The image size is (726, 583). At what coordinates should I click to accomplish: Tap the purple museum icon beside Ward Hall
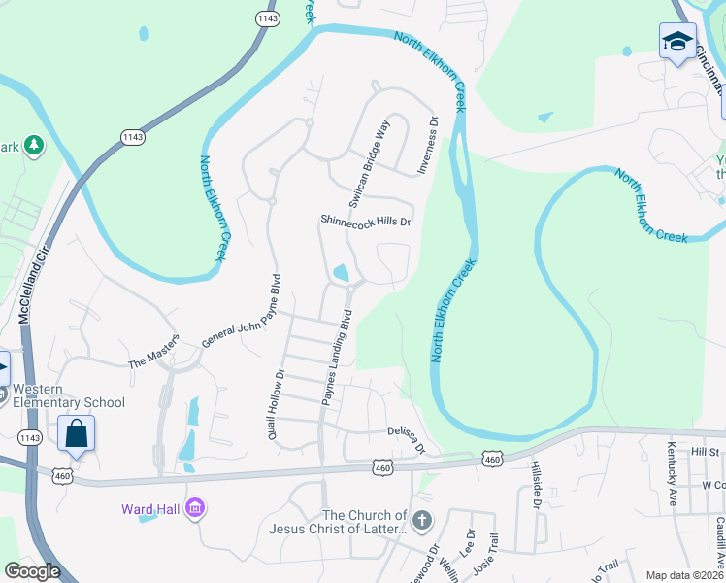[195, 507]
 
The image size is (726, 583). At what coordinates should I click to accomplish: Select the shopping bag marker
[76, 433]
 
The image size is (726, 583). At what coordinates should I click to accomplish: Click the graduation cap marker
[677, 42]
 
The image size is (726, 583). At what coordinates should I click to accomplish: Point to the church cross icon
[420, 521]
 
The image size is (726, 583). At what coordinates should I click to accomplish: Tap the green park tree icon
[34, 145]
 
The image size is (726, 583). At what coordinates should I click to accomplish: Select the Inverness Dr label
[428, 147]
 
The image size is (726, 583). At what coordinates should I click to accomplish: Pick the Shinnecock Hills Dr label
[366, 222]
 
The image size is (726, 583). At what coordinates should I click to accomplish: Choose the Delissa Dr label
[407, 439]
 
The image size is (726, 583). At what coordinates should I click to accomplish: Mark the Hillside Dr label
[535, 486]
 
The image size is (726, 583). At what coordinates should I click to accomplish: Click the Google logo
[33, 571]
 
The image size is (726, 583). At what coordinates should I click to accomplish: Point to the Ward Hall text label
[151, 508]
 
